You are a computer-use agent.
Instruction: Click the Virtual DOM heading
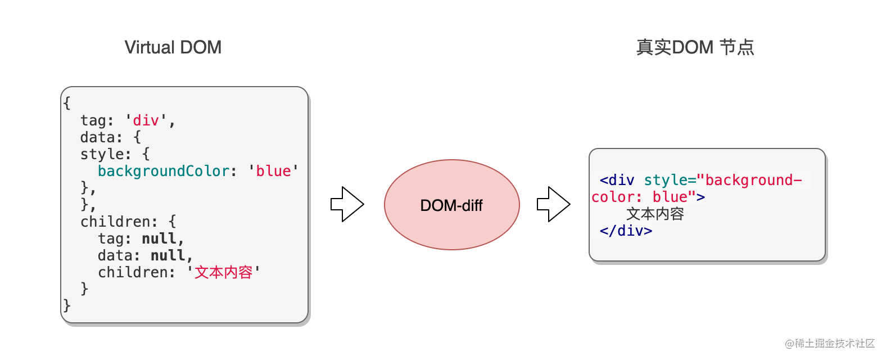[x=173, y=47]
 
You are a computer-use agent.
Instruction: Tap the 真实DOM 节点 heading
[x=695, y=47]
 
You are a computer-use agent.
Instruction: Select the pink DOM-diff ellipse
[x=451, y=205]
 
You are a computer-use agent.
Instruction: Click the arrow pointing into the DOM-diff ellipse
[x=347, y=204]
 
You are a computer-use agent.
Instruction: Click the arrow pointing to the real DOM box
[x=554, y=204]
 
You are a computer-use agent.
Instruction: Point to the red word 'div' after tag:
[x=146, y=120]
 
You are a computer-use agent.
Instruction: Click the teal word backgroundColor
[x=163, y=171]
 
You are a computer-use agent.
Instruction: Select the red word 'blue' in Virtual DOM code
[x=273, y=171]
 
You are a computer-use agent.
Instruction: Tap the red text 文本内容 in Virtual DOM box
[x=223, y=272]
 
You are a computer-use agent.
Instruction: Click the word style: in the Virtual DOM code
[x=105, y=154]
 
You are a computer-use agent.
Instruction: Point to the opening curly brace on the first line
[x=67, y=103]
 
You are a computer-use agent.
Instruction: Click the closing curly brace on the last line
[x=67, y=305]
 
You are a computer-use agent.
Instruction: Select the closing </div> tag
[x=626, y=231]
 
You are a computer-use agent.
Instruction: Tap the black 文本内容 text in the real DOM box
[x=655, y=214]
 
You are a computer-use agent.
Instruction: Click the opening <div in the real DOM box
[x=617, y=180]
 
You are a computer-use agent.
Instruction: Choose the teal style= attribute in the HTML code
[x=670, y=180]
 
